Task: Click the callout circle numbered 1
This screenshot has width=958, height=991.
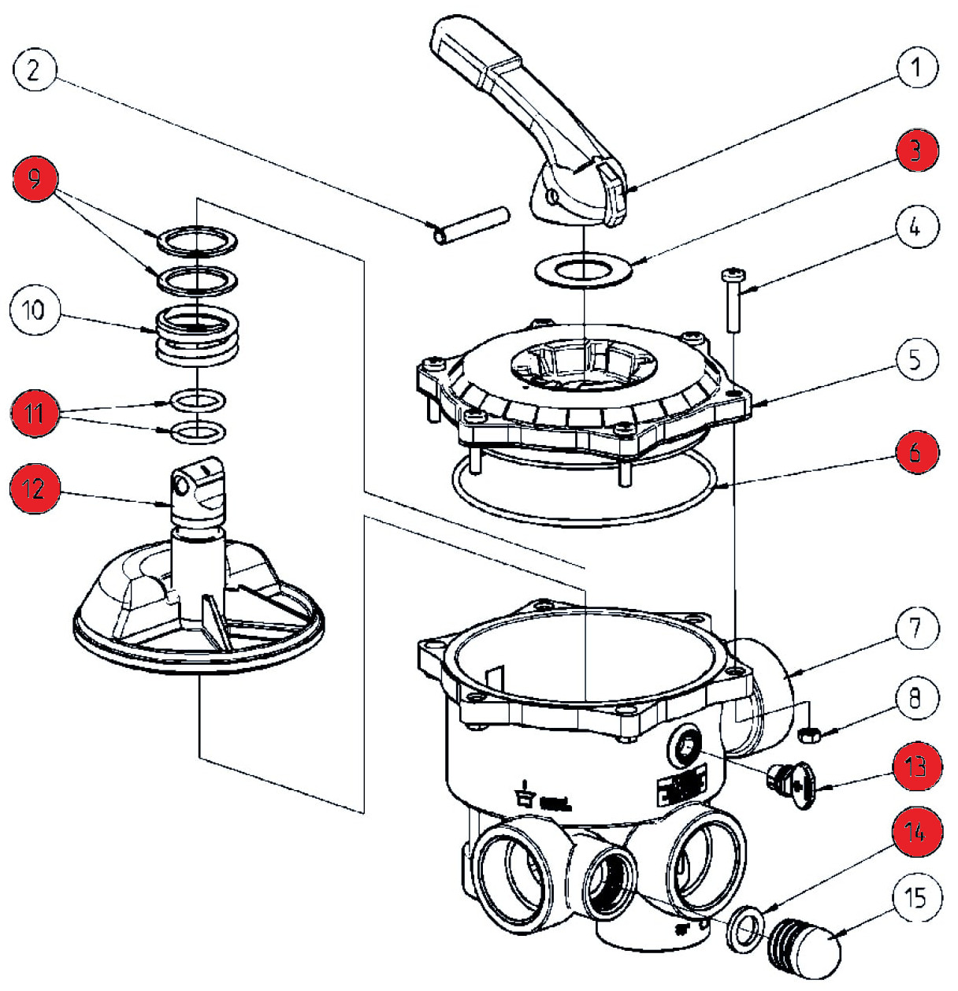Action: tap(914, 69)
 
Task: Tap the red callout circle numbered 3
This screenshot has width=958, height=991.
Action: tap(914, 150)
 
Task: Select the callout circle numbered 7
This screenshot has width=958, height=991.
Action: tap(914, 628)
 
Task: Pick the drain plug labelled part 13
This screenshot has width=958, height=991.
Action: tap(793, 785)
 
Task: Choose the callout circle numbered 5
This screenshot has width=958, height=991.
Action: tap(914, 358)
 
